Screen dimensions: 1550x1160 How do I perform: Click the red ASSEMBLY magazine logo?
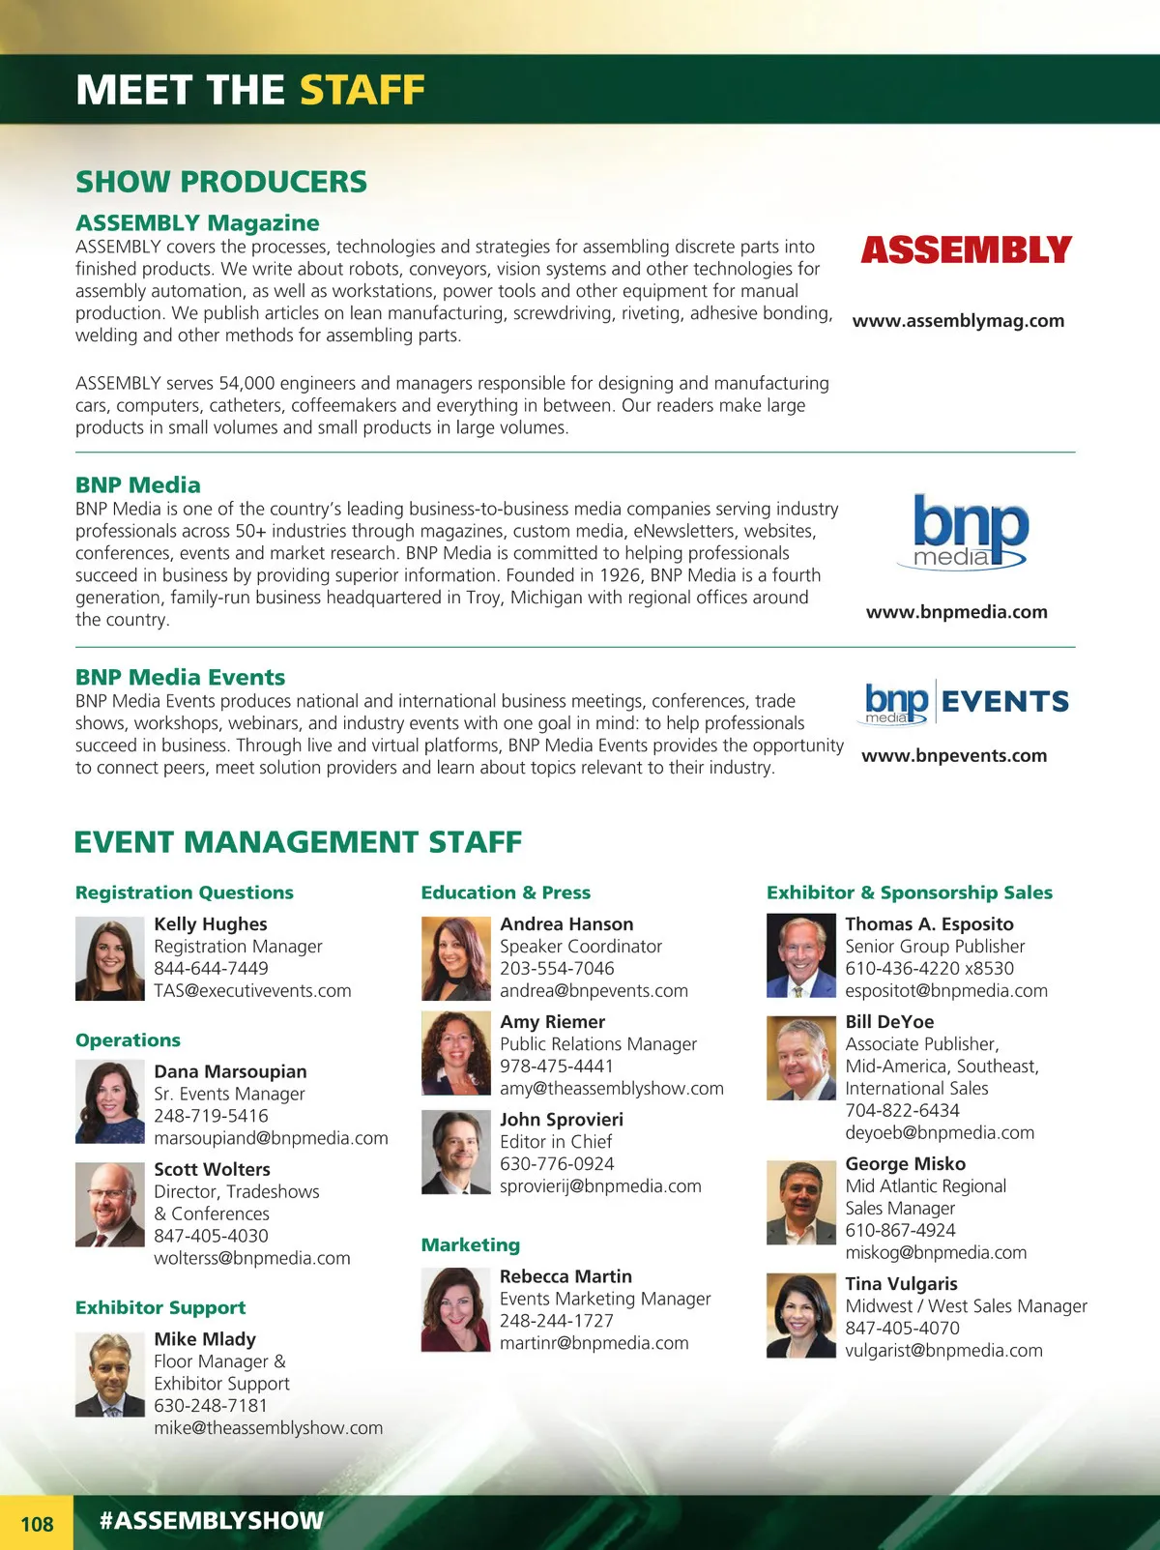pos(966,250)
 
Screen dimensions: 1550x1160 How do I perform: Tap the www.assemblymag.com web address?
pos(958,321)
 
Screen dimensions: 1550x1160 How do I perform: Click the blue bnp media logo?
pos(970,531)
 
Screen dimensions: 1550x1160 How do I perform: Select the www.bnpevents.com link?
pos(954,756)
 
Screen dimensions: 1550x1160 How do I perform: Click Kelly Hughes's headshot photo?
pos(109,958)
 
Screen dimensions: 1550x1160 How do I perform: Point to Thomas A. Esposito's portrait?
pos(800,955)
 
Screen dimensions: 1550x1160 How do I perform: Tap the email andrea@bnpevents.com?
pos(594,991)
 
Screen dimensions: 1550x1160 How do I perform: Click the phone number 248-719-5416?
pos(211,1116)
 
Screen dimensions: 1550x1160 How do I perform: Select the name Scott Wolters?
pos(212,1169)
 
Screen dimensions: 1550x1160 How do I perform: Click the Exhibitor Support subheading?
pos(160,1307)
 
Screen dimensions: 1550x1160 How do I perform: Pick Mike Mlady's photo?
pos(109,1374)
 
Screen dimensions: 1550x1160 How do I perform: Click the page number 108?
pos(37,1524)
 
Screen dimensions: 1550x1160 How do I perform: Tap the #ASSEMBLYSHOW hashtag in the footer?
pos(211,1520)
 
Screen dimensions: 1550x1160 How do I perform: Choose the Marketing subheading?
pos(470,1245)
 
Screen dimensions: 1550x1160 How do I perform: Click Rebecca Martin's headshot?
pos(455,1309)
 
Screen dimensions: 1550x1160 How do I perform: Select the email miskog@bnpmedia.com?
pos(936,1253)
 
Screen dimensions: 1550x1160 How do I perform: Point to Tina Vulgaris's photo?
pos(800,1315)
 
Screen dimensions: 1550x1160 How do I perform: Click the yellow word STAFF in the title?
pos(362,90)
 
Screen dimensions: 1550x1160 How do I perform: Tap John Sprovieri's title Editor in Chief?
pos(556,1142)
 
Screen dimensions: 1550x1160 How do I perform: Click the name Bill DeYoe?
pos(889,1022)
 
